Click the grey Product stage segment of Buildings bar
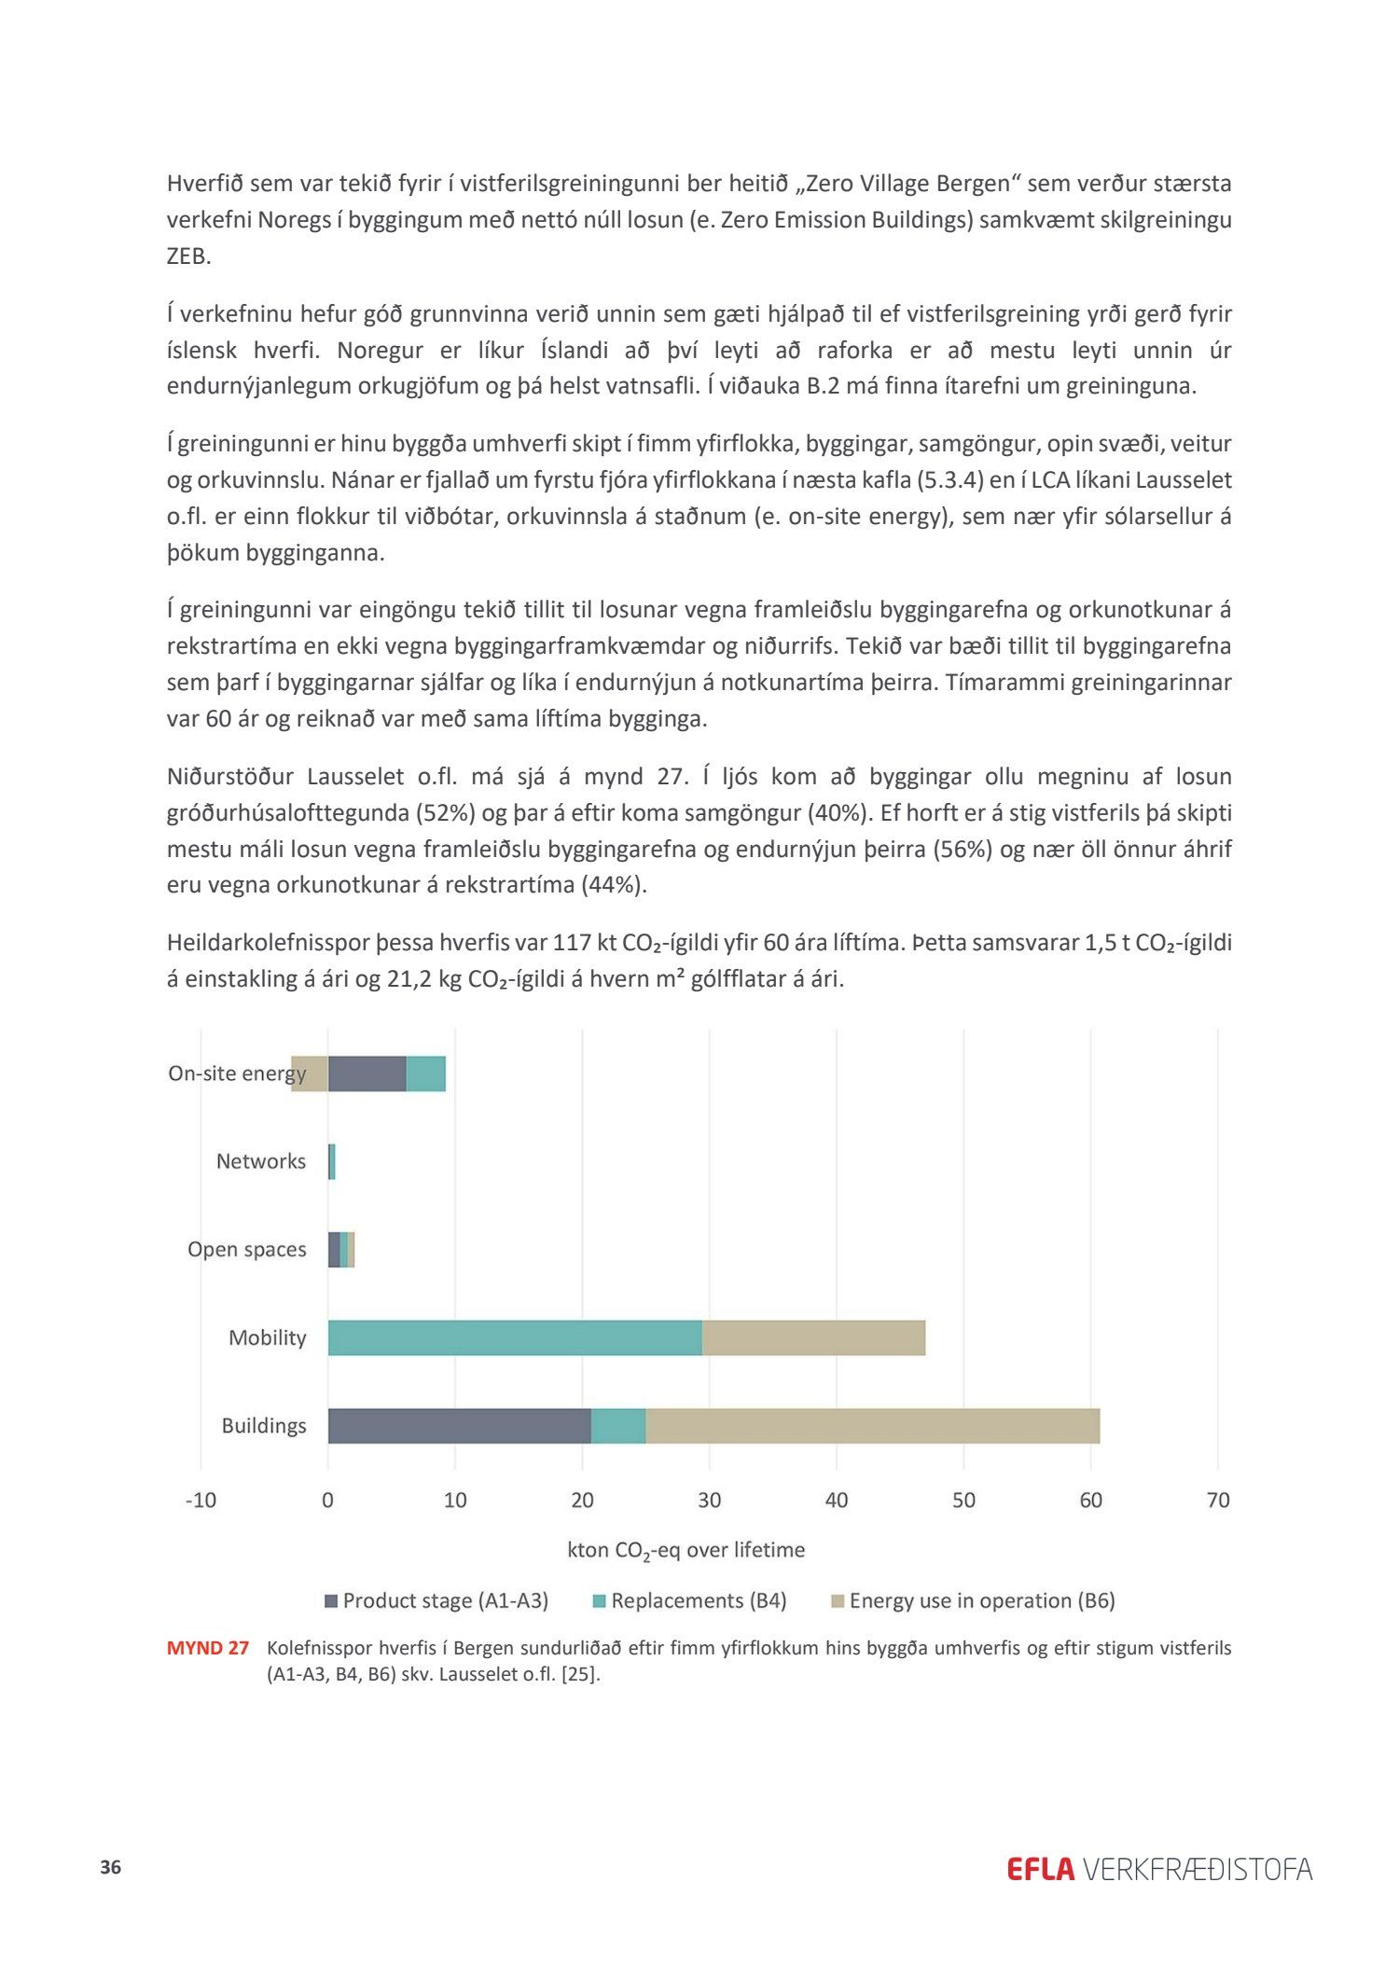point(459,1426)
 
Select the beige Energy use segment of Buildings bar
point(872,1426)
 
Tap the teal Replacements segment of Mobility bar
point(515,1337)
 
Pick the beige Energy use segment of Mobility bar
point(813,1337)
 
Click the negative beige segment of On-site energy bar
point(310,1073)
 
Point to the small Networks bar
point(332,1162)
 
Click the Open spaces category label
point(246,1250)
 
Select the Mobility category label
point(267,1337)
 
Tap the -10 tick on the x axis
point(201,1500)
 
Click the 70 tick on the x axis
point(1218,1500)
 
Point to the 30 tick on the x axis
point(709,1500)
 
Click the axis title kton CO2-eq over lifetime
point(686,1550)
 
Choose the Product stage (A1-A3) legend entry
point(436,1600)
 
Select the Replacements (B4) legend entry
point(690,1600)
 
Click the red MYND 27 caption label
point(208,1648)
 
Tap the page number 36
point(111,1867)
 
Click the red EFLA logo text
point(1041,1869)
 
